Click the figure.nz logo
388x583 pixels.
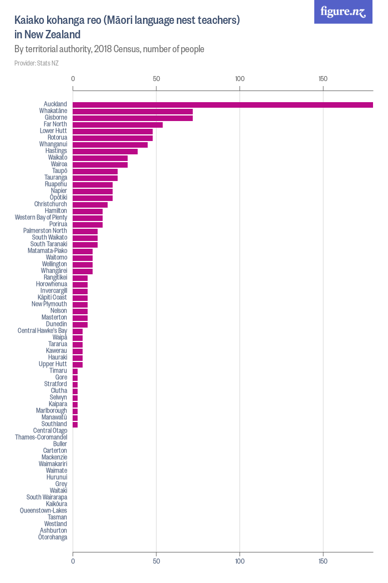pyautogui.click(x=343, y=12)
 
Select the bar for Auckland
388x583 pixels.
pyautogui.click(x=223, y=105)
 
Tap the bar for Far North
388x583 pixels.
pyautogui.click(x=118, y=125)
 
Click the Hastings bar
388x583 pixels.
pyautogui.click(x=105, y=152)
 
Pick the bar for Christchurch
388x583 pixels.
pyautogui.click(x=90, y=205)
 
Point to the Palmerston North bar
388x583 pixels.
pyautogui.click(x=85, y=232)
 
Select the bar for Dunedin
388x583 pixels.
pyautogui.click(x=80, y=325)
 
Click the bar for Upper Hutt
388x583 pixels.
pyautogui.click(x=78, y=365)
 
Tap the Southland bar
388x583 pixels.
pyautogui.click(x=75, y=425)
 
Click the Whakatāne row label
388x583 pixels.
pyautogui.click(x=53, y=111)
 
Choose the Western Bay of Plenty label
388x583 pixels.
pyautogui.click(x=41, y=218)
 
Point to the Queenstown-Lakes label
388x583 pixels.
pyautogui.click(x=43, y=510)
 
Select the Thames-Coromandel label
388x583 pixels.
pyautogui.click(x=41, y=438)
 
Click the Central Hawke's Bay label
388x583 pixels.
pyautogui.click(x=42, y=330)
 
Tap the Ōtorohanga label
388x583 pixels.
pyautogui.click(x=53, y=537)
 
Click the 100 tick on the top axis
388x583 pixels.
pyautogui.click(x=240, y=79)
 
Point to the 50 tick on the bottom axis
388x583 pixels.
pyautogui.click(x=156, y=561)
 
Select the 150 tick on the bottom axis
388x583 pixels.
pyautogui.click(x=323, y=561)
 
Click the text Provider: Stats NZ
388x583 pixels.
pyautogui.click(x=37, y=63)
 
